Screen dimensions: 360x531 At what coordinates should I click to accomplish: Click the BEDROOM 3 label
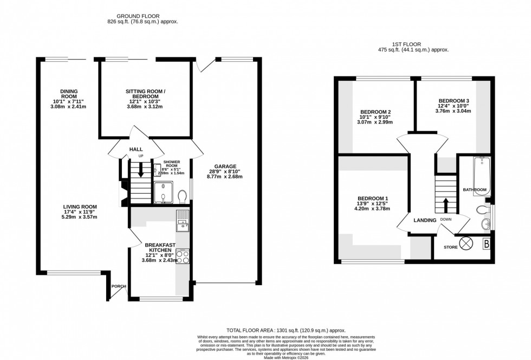coord(454,101)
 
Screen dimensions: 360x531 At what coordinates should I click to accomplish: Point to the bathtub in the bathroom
coord(481,169)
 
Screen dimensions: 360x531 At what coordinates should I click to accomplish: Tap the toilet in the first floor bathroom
coord(481,210)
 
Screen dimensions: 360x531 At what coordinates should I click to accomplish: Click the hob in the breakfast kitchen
coord(182,256)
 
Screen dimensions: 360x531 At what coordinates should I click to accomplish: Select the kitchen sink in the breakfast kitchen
coord(182,218)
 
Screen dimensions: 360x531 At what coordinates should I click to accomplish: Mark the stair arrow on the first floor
coord(445,204)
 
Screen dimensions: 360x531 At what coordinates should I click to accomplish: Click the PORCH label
coord(118,286)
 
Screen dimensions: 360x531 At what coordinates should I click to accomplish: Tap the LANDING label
coord(425,220)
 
